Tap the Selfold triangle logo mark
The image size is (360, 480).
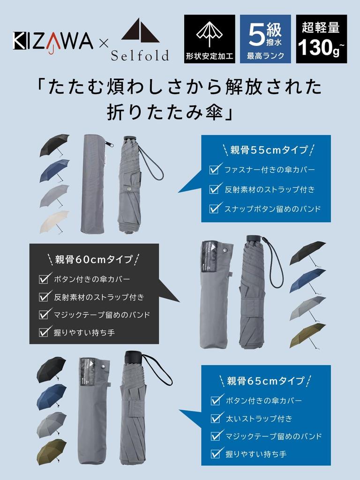[141, 30]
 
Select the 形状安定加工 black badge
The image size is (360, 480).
[210, 39]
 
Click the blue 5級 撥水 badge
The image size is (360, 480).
[265, 39]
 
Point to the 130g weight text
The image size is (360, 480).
[321, 47]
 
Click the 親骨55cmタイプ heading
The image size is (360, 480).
[268, 150]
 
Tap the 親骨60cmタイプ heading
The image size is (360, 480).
[94, 259]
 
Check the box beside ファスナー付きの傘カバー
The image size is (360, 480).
[215, 169]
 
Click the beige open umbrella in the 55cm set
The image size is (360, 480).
[54, 221]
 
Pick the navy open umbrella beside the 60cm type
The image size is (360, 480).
[307, 281]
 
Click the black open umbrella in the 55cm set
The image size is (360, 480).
[54, 145]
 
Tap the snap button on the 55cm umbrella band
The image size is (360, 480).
[129, 189]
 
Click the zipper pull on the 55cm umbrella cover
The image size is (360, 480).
[109, 143]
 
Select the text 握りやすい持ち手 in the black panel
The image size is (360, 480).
[84, 332]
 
